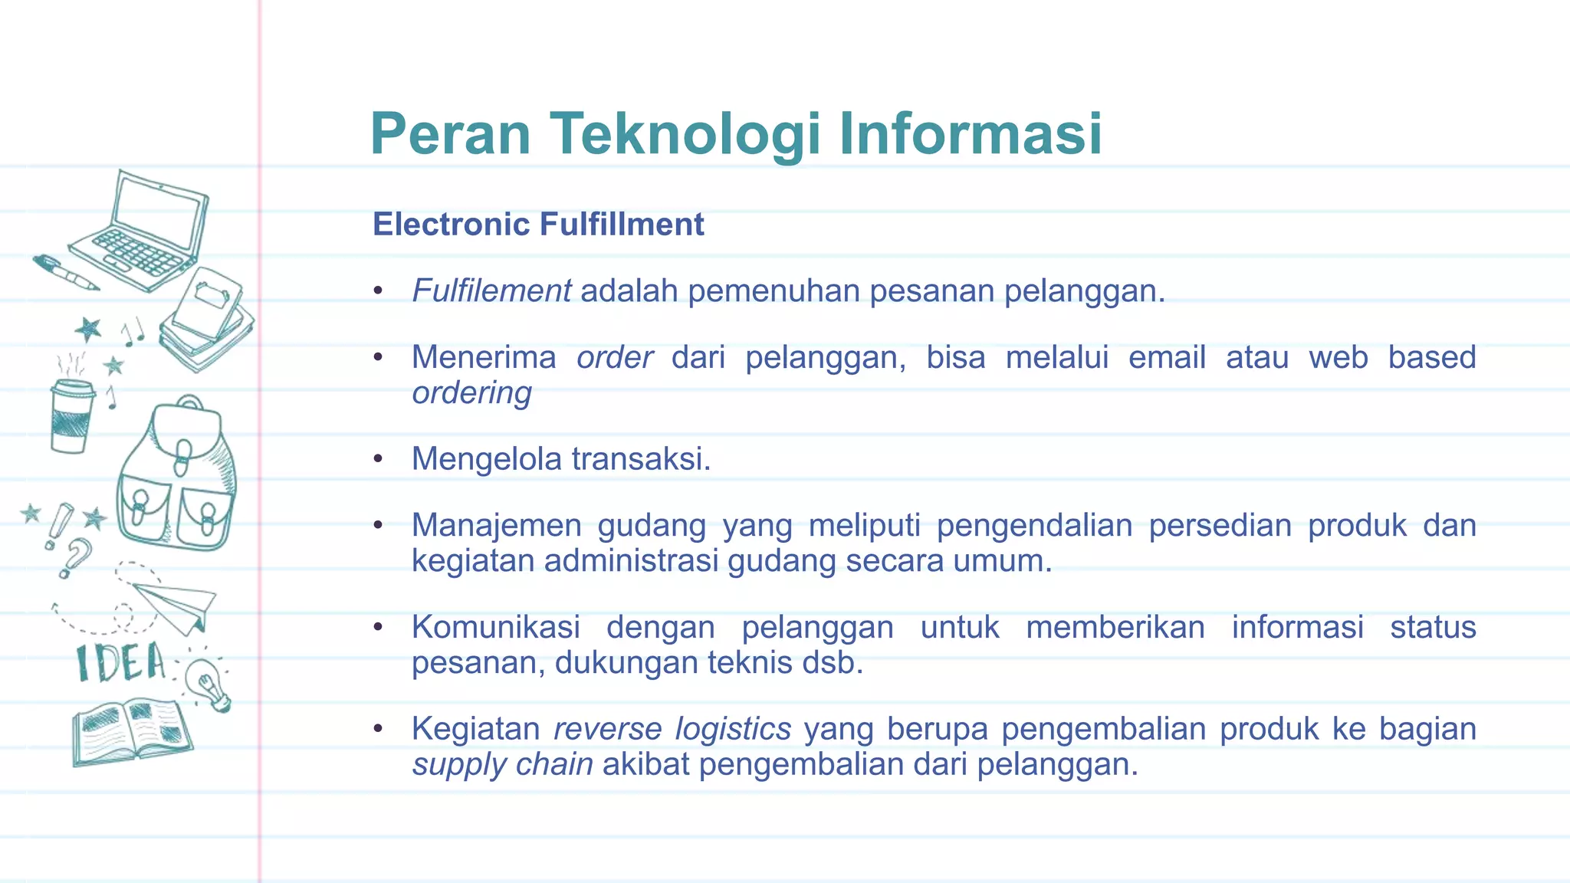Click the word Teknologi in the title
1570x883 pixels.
[x=685, y=134]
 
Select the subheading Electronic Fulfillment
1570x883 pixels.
[x=537, y=225]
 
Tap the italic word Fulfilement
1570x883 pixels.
[x=491, y=291]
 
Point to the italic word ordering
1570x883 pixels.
[x=471, y=393]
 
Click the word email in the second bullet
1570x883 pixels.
[x=1167, y=357]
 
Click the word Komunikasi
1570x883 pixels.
[x=496, y=628]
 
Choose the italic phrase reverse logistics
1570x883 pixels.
[x=672, y=729]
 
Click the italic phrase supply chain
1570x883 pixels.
[x=502, y=765]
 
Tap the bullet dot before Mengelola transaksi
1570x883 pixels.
[x=377, y=459]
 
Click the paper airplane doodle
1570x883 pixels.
[x=175, y=606]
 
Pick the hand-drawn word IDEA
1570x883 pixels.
[x=120, y=664]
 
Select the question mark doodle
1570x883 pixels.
[x=75, y=556]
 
